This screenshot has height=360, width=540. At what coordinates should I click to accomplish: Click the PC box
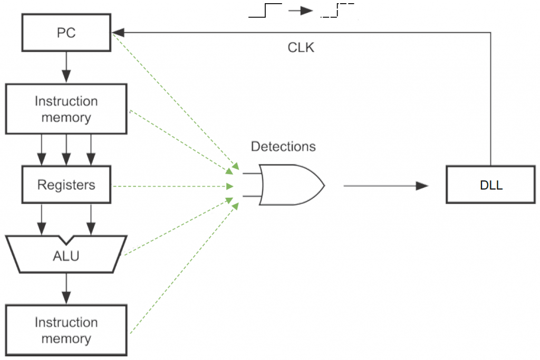(x=66, y=33)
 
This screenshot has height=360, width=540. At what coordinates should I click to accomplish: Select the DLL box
(x=491, y=184)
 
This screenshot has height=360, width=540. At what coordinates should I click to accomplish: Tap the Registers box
(x=66, y=184)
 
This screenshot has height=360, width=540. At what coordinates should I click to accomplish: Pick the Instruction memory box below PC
(x=66, y=109)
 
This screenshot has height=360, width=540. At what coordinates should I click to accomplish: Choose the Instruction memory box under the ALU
(x=66, y=330)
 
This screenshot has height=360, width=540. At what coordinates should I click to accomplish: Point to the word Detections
(x=283, y=147)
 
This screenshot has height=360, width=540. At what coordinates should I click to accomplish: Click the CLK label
(x=301, y=47)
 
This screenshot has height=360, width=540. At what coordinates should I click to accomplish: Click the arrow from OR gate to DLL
(x=385, y=186)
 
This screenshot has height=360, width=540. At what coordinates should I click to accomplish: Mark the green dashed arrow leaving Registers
(x=174, y=186)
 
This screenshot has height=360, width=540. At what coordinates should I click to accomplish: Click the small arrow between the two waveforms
(x=301, y=11)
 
